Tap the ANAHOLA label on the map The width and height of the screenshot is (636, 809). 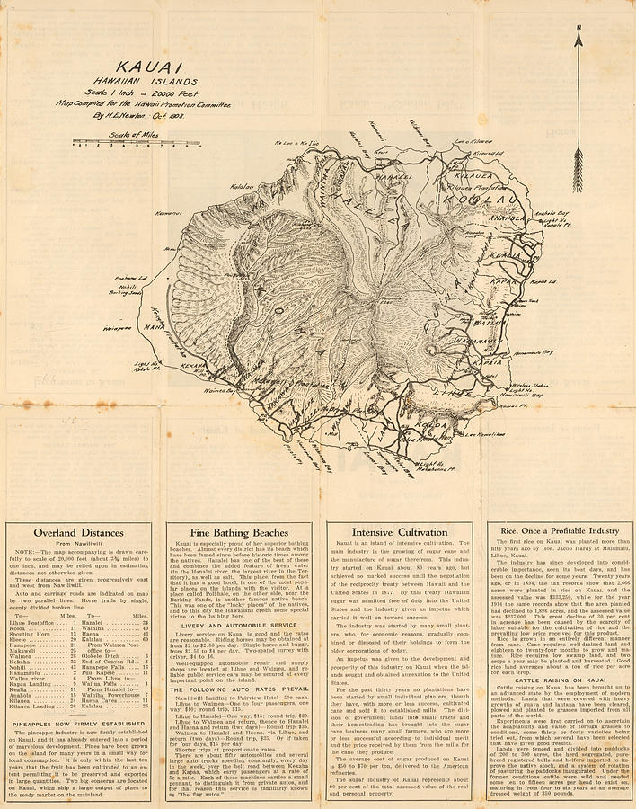508,215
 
